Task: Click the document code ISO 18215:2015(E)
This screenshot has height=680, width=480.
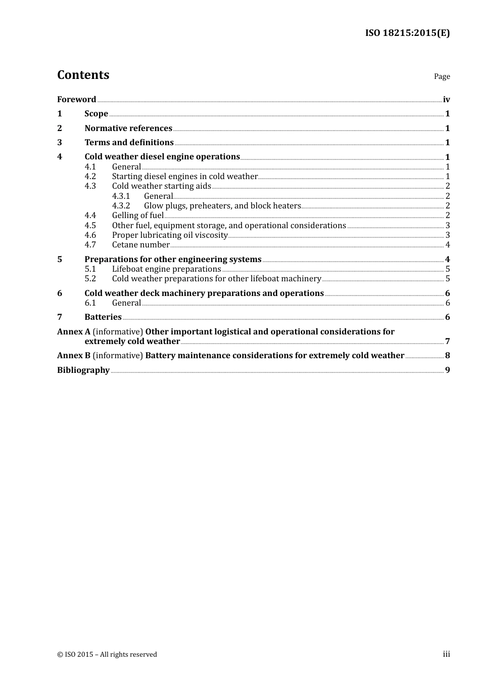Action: (x=407, y=33)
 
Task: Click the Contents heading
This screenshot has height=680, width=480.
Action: (x=83, y=75)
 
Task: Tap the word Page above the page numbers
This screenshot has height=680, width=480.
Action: (x=442, y=76)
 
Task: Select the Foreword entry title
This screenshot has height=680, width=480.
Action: (x=76, y=100)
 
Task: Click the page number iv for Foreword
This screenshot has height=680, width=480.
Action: (x=446, y=100)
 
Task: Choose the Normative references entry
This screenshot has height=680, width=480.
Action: (x=128, y=129)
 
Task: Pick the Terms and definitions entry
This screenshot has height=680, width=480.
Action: (x=129, y=143)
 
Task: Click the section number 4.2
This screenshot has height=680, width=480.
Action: (x=90, y=177)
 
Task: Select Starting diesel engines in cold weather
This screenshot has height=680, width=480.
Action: (x=184, y=177)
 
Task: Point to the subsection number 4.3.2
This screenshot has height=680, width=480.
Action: (x=121, y=206)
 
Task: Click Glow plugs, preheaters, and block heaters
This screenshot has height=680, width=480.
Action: (x=222, y=206)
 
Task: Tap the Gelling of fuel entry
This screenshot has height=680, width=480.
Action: (x=137, y=216)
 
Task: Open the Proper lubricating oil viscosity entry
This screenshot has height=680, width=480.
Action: (x=170, y=235)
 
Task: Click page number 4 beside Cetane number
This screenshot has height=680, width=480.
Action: (x=448, y=245)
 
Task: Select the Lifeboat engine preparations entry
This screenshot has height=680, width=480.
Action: (x=166, y=269)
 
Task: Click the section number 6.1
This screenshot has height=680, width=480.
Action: (x=90, y=303)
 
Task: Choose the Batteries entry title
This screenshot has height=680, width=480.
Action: (x=103, y=317)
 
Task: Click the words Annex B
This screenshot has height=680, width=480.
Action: (x=74, y=356)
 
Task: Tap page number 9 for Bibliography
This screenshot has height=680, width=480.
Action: (x=448, y=370)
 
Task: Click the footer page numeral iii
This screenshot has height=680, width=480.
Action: (x=446, y=654)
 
